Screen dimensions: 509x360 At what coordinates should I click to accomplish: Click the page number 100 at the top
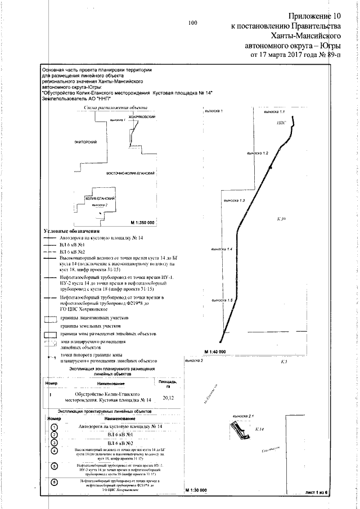[x=192, y=23]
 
